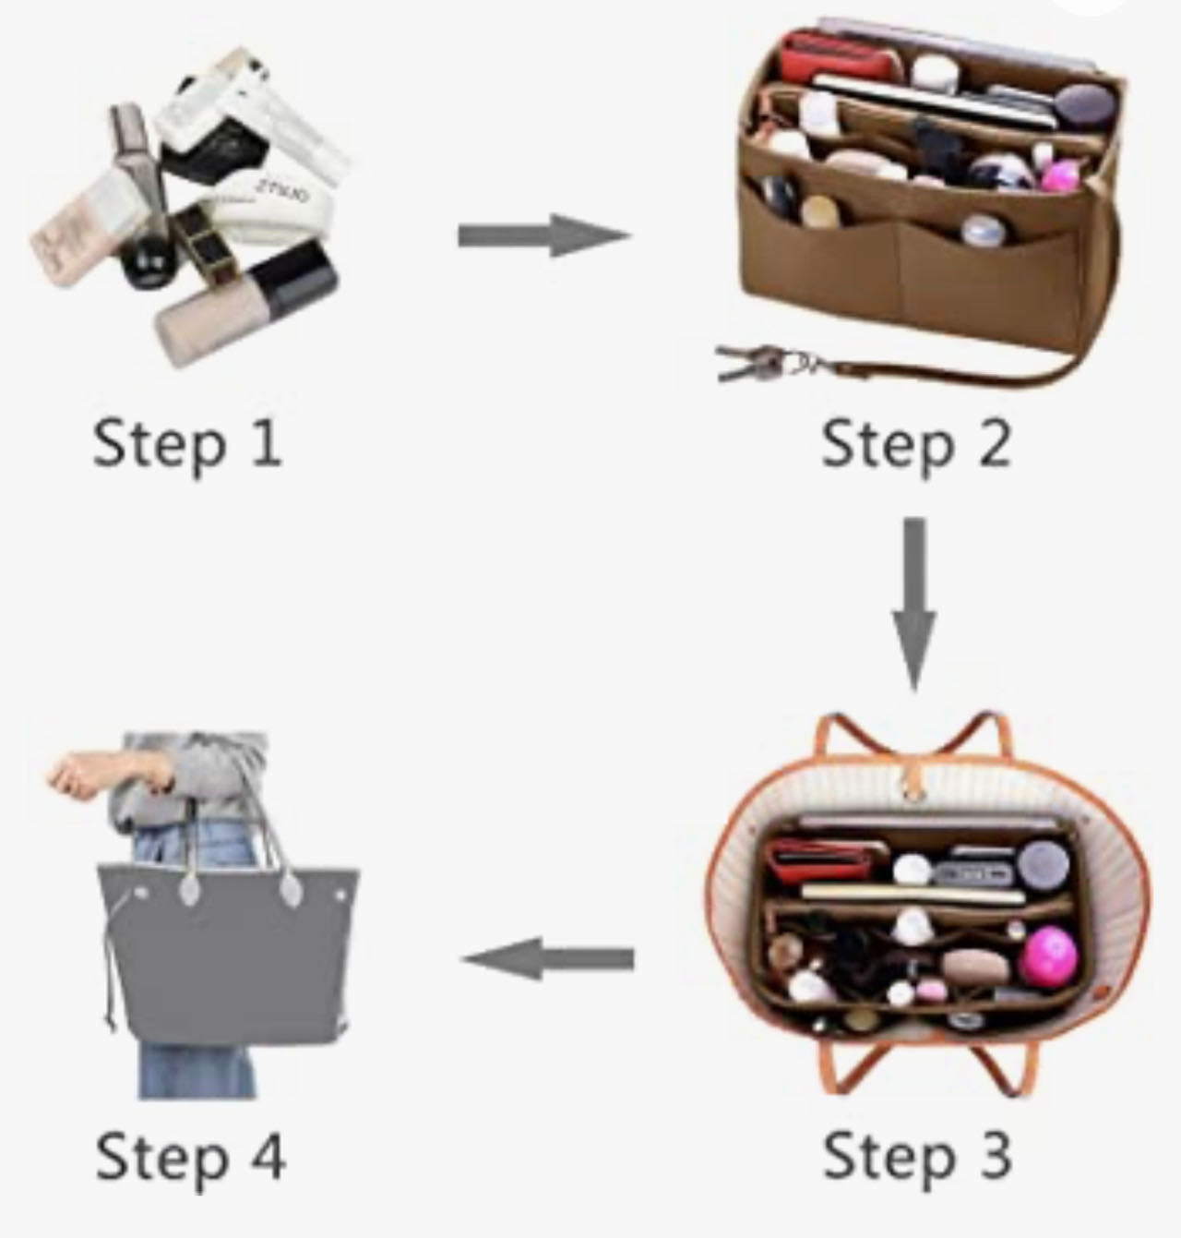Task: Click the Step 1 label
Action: click(x=186, y=443)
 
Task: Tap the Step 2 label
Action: click(x=915, y=443)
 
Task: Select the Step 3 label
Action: click(x=917, y=1155)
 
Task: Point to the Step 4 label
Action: click(x=190, y=1156)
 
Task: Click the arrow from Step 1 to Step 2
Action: click(x=544, y=235)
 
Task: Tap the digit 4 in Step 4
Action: click(x=268, y=1156)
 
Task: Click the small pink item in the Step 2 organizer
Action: click(x=1060, y=175)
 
